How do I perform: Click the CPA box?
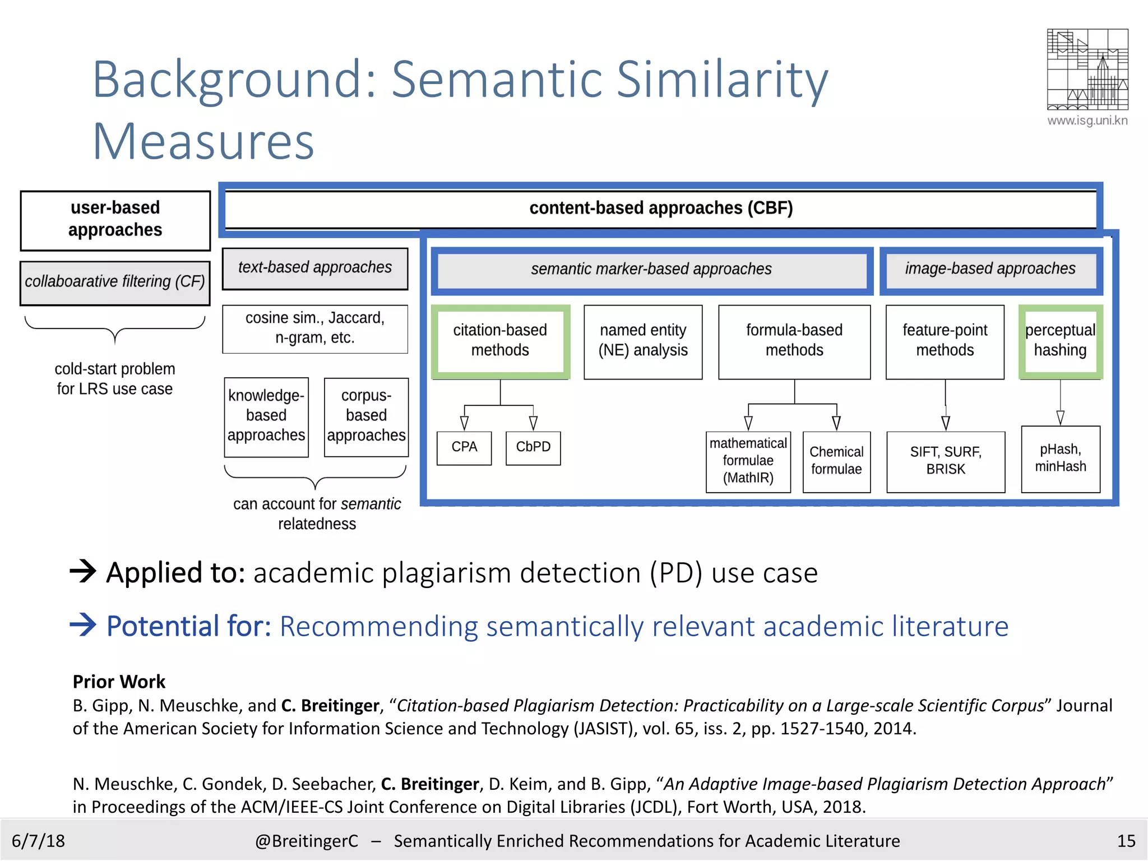click(x=464, y=447)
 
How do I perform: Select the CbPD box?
click(x=533, y=447)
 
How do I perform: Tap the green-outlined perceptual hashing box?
click(x=1060, y=341)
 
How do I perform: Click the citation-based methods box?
click(x=500, y=341)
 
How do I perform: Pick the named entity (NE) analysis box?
click(x=643, y=341)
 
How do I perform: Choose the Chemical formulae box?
click(x=836, y=461)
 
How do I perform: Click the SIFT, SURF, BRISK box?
click(x=946, y=461)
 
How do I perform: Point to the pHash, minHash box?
click(x=1060, y=459)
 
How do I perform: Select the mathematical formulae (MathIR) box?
click(x=748, y=461)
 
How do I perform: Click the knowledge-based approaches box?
click(x=266, y=416)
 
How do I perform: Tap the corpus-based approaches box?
click(x=366, y=416)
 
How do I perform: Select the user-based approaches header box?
click(x=115, y=220)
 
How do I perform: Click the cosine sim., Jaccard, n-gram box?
click(x=315, y=328)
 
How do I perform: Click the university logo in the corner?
click(x=1087, y=70)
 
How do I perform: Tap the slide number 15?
click(x=1126, y=841)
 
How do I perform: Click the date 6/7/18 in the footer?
click(x=38, y=841)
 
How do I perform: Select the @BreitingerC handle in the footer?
click(x=307, y=841)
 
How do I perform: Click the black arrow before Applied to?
click(x=83, y=572)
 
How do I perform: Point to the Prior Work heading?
click(x=119, y=682)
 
